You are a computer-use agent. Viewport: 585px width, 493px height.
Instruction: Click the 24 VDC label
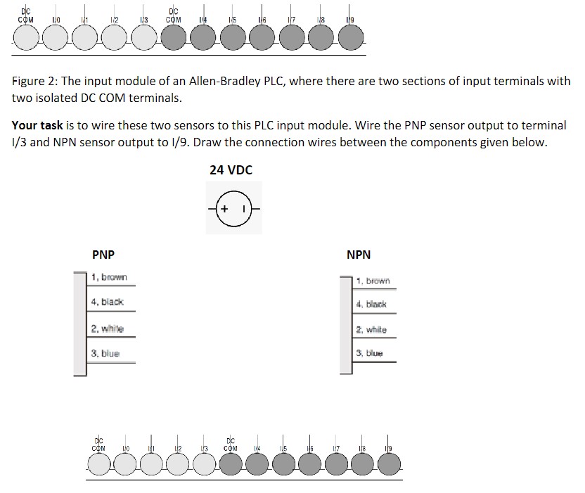[231, 169]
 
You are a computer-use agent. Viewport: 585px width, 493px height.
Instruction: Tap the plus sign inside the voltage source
[224, 210]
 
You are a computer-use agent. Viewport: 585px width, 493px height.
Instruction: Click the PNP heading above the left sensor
[103, 255]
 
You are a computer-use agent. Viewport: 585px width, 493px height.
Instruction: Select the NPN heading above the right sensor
[359, 255]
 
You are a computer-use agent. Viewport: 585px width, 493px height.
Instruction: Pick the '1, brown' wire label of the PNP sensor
[109, 277]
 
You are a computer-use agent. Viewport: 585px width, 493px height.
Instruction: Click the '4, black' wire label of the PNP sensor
[107, 302]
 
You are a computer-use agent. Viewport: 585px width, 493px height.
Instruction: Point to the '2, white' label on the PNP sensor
[107, 328]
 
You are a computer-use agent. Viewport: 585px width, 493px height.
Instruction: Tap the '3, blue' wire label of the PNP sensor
[105, 354]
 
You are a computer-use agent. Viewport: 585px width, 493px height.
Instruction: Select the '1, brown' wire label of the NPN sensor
[373, 281]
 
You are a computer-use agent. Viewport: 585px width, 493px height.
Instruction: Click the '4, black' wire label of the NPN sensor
[371, 305]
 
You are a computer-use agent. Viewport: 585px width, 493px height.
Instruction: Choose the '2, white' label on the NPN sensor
[371, 330]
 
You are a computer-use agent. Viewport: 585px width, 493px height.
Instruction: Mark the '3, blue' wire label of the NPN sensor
[370, 354]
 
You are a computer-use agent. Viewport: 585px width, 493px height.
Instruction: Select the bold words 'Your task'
[37, 125]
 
